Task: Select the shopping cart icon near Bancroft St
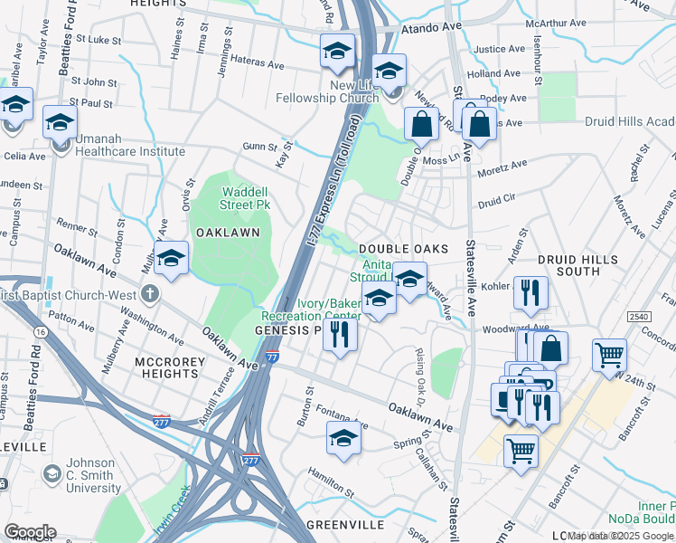[521, 450]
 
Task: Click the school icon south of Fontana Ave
[343, 440]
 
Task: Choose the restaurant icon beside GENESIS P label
[341, 333]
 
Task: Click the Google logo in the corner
[29, 532]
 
